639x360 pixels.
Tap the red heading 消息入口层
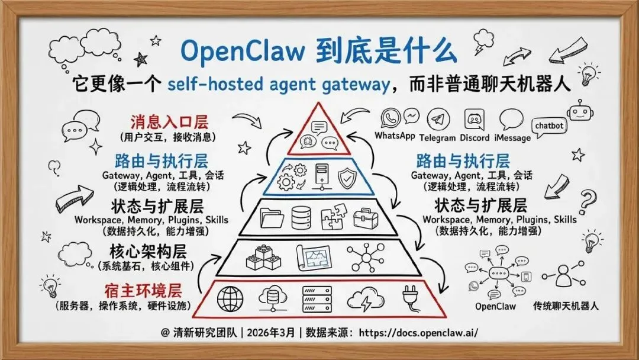[x=169, y=123]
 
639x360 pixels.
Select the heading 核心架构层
[x=153, y=250]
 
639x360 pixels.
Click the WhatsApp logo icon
[x=391, y=118]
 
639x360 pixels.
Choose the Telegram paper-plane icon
[x=437, y=119]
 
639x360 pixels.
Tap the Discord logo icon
[x=475, y=119]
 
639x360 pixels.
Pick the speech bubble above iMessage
[x=511, y=120]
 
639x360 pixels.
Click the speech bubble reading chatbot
[x=549, y=126]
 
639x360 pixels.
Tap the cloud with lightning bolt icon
[x=363, y=299]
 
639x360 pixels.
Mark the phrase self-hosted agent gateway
[x=277, y=83]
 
